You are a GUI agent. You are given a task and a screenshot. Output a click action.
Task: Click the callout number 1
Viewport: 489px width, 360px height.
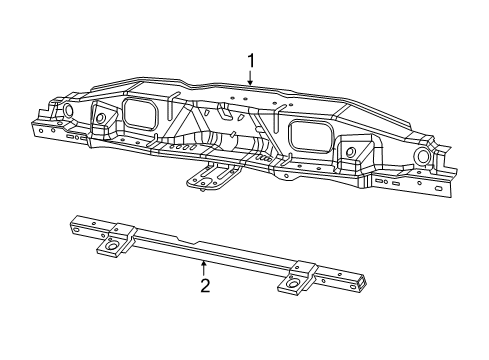click(251, 61)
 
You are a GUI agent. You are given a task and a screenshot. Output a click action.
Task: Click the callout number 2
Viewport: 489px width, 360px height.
click(204, 285)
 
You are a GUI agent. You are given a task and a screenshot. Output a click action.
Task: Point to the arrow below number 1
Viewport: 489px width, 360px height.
click(251, 77)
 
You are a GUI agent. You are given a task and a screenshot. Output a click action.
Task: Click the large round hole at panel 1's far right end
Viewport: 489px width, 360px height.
click(423, 157)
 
